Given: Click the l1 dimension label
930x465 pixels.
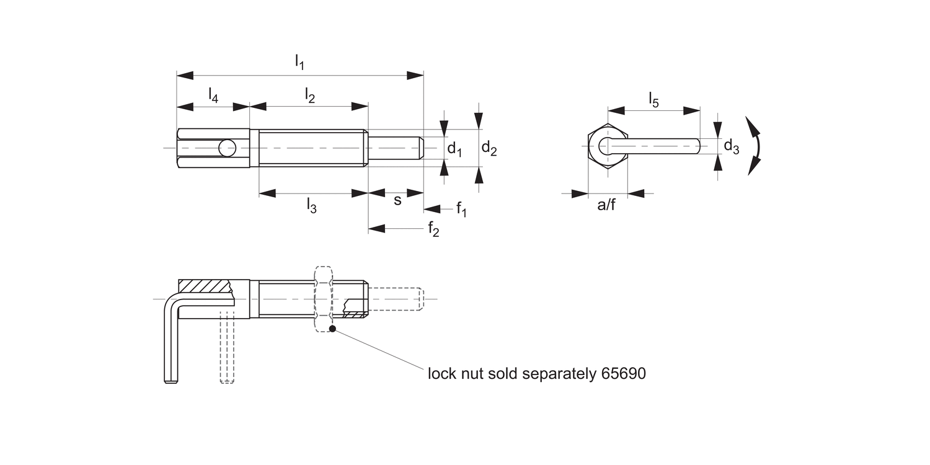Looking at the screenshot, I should click(299, 61).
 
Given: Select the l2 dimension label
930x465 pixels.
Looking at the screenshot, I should click(310, 95).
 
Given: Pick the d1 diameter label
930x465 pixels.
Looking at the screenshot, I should click(455, 149).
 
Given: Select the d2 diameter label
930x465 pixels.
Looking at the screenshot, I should click(489, 149).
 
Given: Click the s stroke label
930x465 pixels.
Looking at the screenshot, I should click(397, 200).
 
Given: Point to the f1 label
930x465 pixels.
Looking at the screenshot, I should click(461, 209).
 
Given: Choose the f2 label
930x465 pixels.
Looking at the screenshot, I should click(433, 229).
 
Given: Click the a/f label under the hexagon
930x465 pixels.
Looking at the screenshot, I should click(606, 205).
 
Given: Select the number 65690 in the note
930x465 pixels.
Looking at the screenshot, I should click(623, 374).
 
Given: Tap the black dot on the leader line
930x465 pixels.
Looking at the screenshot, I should click(333, 329).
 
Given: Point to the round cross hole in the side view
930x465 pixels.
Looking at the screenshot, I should click(227, 148).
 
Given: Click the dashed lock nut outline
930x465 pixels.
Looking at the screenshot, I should click(324, 299).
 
